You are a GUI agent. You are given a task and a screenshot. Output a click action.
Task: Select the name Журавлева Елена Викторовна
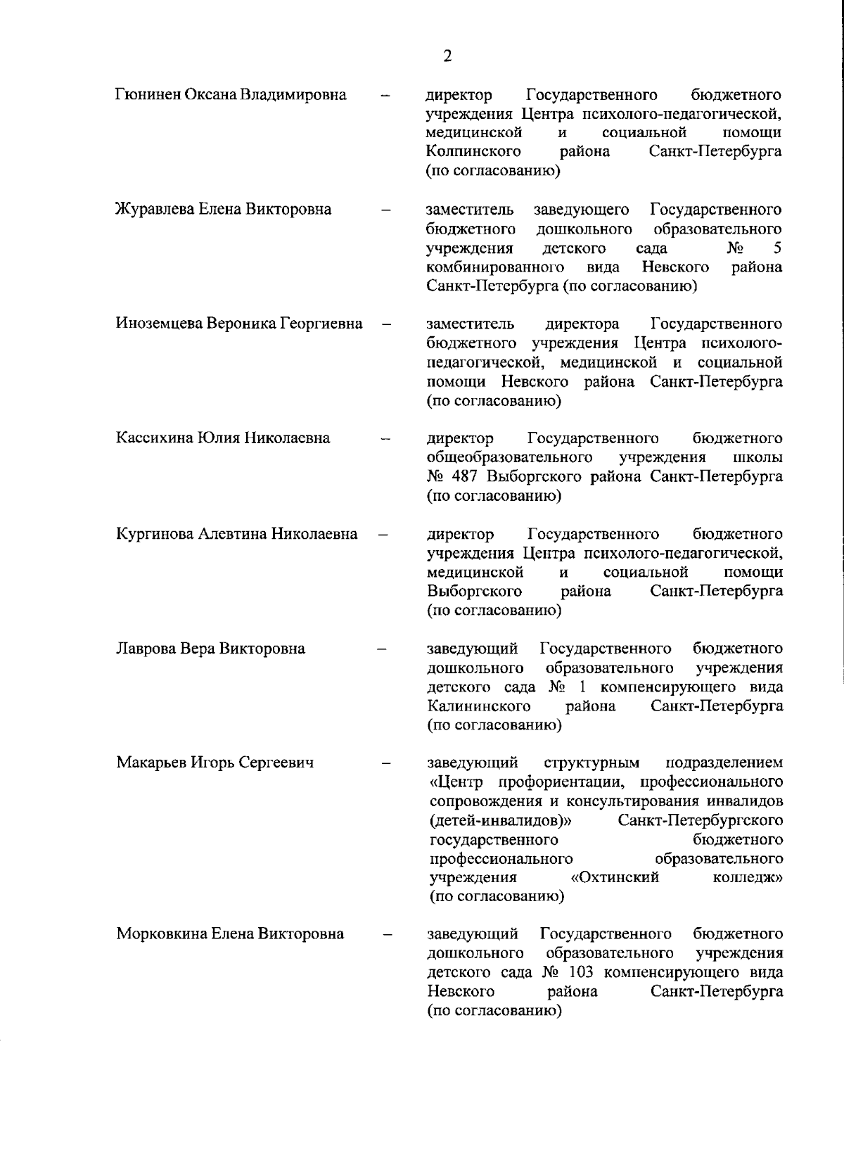[x=223, y=209]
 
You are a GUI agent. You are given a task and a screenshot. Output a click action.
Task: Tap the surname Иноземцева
[x=158, y=324]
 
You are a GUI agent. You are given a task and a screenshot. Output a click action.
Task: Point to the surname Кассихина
[x=150, y=438]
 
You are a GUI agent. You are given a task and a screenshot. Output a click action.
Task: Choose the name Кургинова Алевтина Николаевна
[x=236, y=534]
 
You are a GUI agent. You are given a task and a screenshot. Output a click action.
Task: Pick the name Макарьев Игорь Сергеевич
[x=215, y=763]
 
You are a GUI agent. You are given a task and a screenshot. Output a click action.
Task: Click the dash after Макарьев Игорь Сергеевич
[x=385, y=763]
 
